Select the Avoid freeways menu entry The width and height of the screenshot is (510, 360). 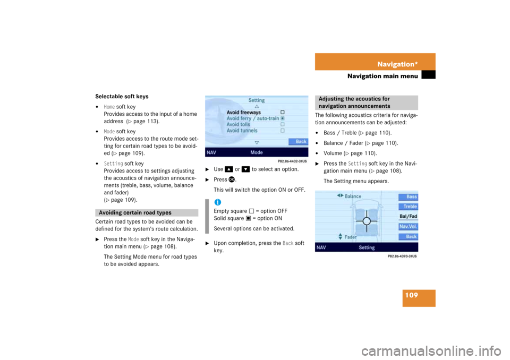click(244, 113)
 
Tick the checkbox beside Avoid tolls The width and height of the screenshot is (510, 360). click(283, 124)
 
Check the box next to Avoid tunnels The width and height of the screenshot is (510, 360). click(283, 131)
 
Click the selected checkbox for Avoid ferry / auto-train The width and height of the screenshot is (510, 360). click(283, 118)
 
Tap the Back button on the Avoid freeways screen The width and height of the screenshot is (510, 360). click(301, 142)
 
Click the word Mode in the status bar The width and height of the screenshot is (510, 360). click(257, 152)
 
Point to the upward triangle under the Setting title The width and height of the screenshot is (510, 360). click(257, 107)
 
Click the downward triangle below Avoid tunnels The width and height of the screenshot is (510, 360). click(257, 142)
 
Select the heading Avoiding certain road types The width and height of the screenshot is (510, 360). click(135, 213)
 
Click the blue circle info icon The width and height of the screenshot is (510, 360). click(217, 202)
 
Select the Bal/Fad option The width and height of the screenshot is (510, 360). click(409, 217)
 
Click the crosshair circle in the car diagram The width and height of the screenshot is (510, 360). click(367, 221)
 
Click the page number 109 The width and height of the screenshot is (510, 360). click(410, 295)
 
